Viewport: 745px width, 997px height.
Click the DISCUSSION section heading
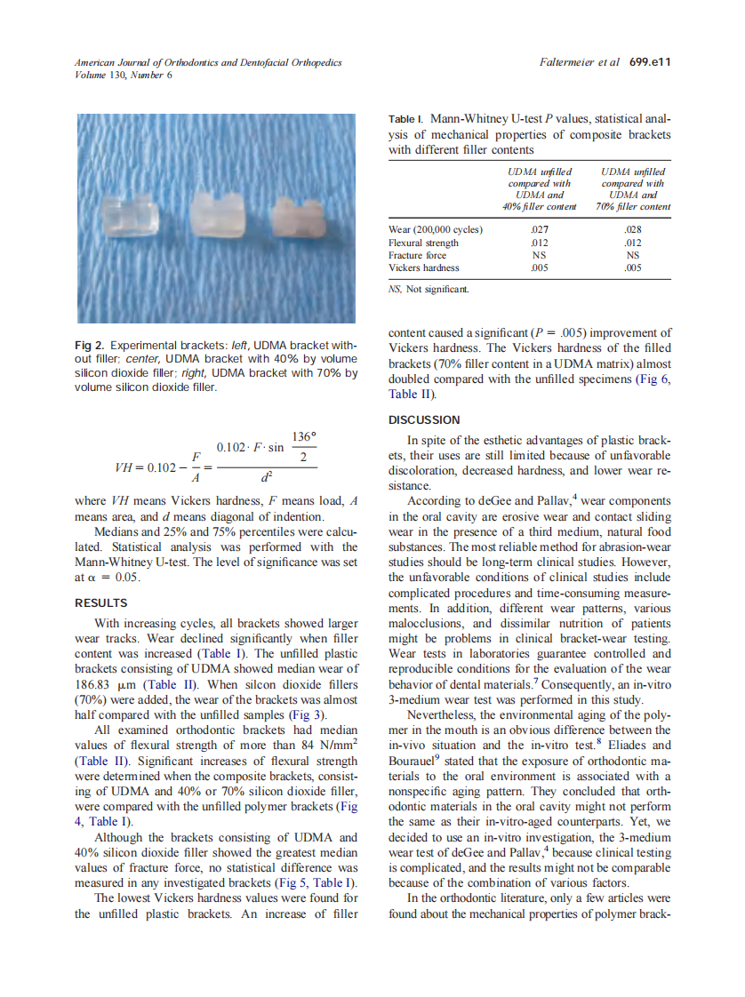424,419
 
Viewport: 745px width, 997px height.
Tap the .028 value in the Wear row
634,229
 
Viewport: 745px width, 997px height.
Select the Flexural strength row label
423,243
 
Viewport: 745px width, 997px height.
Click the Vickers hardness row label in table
424,267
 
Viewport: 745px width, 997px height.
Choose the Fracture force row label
418,255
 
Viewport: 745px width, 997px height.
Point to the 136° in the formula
304,437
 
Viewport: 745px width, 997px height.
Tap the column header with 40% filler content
539,188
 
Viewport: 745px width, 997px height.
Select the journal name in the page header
208,62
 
